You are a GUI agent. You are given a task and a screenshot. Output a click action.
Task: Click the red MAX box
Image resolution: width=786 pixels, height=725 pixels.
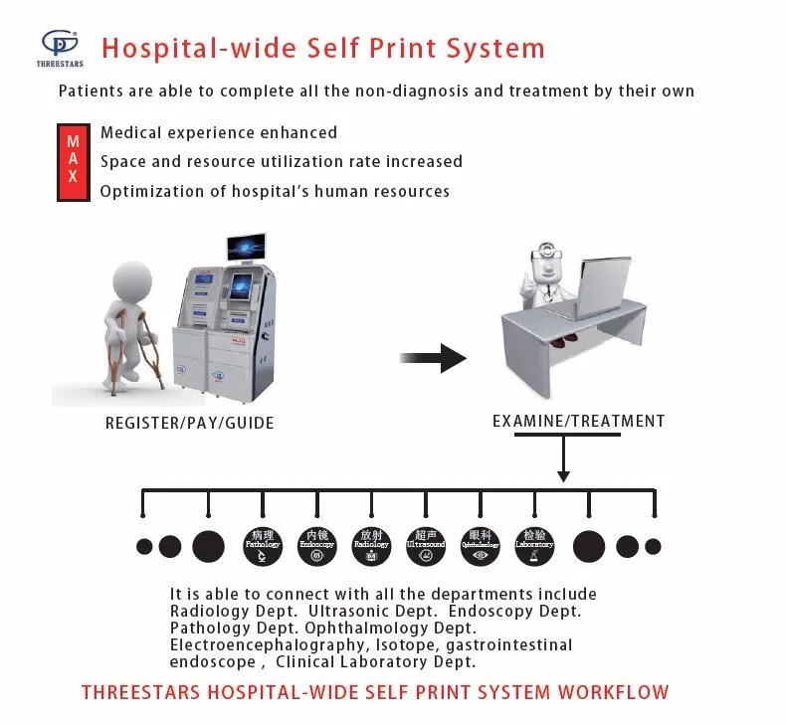[x=73, y=160]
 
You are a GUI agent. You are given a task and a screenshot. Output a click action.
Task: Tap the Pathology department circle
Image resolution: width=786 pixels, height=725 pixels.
[x=263, y=544]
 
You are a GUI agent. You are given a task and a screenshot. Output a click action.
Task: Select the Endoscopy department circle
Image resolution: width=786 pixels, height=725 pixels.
[x=316, y=544]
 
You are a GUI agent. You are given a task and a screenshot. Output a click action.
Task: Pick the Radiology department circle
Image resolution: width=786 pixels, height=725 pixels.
[x=371, y=544]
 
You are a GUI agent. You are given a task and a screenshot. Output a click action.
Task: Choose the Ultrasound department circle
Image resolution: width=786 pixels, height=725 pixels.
[x=426, y=544]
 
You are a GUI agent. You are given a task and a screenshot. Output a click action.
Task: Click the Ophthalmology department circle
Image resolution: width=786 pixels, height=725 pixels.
[x=481, y=544]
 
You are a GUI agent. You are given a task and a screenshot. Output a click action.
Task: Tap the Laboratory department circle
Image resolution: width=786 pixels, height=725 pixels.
[x=534, y=544]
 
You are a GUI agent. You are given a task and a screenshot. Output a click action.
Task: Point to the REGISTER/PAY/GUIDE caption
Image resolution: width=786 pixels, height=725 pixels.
[x=189, y=423]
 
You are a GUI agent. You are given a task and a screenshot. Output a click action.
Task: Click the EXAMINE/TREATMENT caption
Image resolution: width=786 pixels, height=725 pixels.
[x=578, y=421]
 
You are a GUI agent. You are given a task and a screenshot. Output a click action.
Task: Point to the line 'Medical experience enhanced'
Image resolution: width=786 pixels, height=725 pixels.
[x=218, y=132]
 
